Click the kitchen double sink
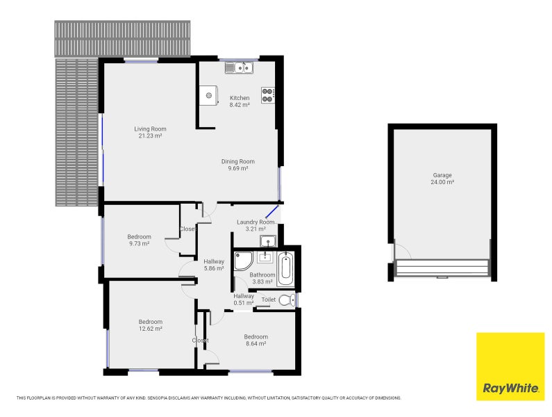(239, 67)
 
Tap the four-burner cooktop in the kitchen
(267, 95)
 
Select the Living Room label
(150, 129)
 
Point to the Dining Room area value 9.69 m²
(238, 168)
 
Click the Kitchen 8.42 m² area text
(240, 105)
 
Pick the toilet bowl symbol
(287, 300)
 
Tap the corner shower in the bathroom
(243, 261)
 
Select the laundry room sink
(268, 241)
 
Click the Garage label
(442, 175)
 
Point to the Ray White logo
(510, 366)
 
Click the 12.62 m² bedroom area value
(150, 329)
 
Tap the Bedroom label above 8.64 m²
(256, 336)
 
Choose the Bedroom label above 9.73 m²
(140, 237)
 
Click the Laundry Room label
(256, 222)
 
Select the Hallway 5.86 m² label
(214, 265)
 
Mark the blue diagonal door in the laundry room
(271, 211)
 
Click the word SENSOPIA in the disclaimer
(159, 398)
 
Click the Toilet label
(269, 300)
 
